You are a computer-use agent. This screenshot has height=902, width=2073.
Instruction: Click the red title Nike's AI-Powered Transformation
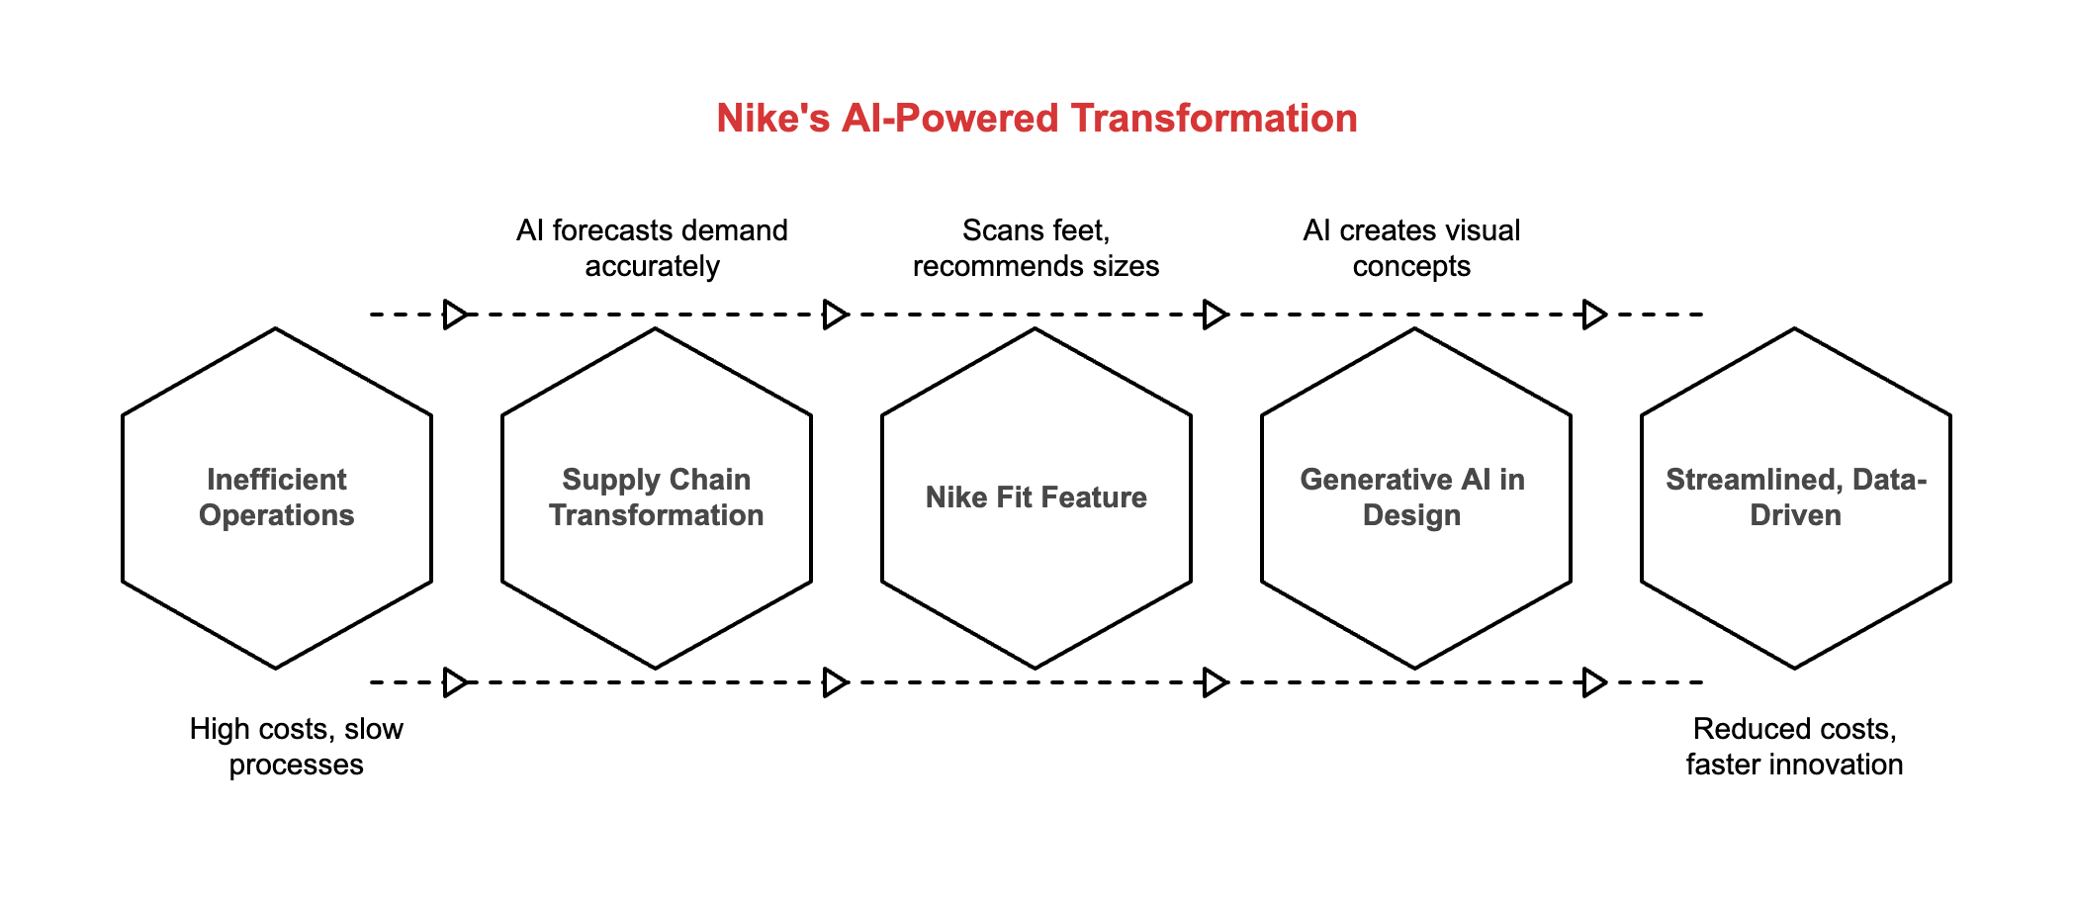pos(1036,119)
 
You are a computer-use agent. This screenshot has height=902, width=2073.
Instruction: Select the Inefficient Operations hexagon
pos(277,497)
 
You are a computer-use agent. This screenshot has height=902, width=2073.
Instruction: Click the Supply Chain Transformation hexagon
pos(657,497)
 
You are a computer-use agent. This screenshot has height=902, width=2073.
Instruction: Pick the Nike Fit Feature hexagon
pos(1036,497)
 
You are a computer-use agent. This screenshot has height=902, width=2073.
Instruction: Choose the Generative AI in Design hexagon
pos(1415,497)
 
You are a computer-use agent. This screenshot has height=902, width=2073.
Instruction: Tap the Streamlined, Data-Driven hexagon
pos(1795,497)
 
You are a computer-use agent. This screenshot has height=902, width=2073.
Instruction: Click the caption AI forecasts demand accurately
pos(652,248)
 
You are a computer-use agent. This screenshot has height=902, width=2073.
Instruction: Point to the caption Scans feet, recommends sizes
pos(1036,248)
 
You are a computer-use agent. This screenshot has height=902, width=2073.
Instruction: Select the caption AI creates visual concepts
pos(1411,248)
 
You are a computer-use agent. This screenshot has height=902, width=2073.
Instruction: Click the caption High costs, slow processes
pos(297,747)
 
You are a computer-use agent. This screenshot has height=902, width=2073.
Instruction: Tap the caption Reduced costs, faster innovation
pos(1794,747)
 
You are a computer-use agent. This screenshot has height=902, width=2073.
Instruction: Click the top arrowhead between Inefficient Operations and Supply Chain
pos(455,315)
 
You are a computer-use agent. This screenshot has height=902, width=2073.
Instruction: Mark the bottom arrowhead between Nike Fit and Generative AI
pos(1215,682)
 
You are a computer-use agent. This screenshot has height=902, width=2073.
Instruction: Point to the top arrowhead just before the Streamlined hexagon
pos(1594,315)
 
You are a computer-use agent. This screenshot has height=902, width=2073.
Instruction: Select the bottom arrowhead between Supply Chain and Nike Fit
pos(835,682)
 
